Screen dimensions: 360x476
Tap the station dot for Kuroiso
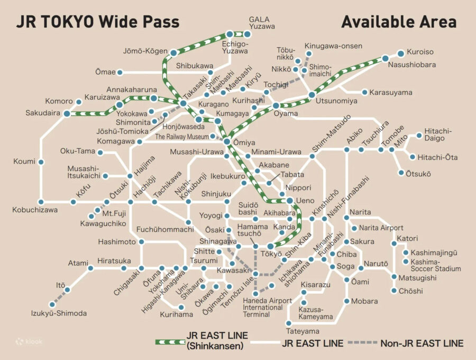coord(400,52)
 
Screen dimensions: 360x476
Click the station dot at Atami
coord(90,268)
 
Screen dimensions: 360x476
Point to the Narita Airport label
coord(381,228)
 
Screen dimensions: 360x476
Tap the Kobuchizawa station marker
coord(41,202)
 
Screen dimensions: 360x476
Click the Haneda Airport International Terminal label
coord(267,307)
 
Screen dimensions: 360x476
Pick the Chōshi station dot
coord(395,291)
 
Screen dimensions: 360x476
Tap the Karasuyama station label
coord(390,93)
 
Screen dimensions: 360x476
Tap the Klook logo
coord(29,342)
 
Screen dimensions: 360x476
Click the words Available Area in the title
coord(398,22)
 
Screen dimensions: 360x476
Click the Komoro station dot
coord(79,102)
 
